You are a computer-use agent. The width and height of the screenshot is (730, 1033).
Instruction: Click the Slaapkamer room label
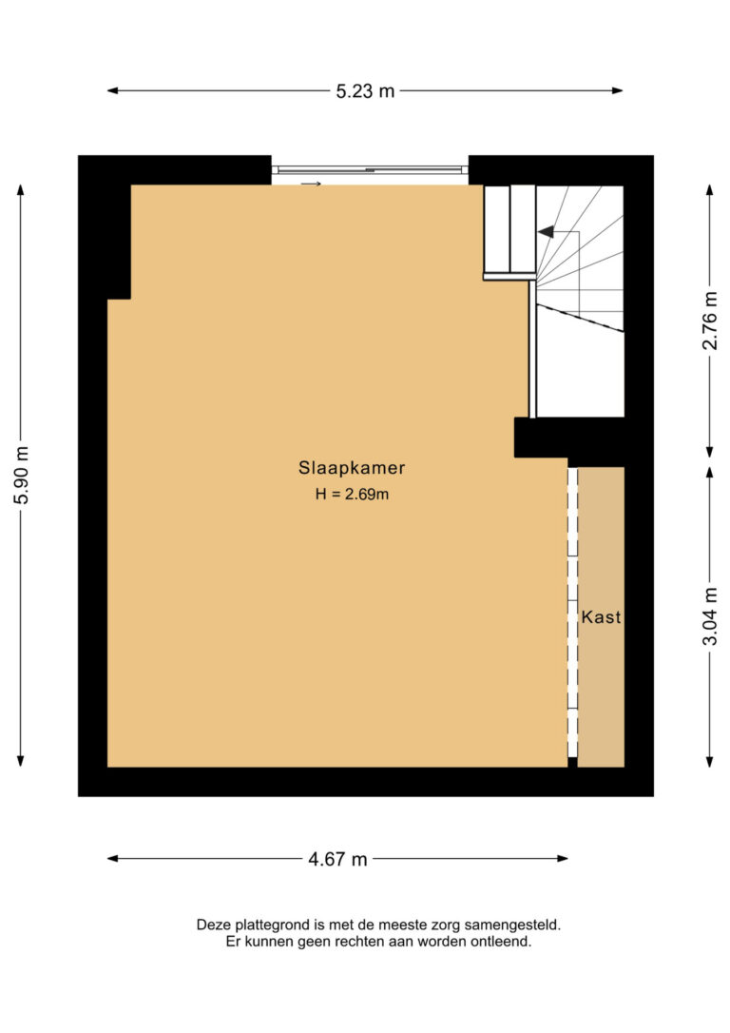pos(352,468)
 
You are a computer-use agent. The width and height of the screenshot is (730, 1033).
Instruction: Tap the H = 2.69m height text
pos(352,494)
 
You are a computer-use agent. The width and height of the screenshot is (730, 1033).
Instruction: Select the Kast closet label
pos(601,617)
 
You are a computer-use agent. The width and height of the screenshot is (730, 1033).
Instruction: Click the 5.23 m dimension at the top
pos(365,91)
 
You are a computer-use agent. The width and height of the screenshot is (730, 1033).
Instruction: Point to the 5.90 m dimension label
pos(23,475)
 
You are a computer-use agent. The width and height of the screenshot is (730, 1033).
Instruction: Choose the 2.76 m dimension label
pos(710,321)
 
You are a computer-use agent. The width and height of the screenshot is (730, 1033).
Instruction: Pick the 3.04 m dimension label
pos(710,616)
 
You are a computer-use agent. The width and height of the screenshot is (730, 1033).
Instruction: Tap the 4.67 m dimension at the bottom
pos(337,859)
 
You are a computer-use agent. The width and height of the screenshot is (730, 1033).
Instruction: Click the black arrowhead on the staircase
pos(546,231)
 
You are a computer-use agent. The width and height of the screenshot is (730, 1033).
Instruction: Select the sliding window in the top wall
pos(370,170)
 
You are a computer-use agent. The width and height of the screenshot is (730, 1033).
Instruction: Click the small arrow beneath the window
pos(312,184)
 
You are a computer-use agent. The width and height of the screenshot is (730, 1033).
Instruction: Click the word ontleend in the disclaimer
pos(501,942)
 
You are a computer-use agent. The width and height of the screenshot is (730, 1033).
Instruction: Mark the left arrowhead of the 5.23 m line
pos(112,91)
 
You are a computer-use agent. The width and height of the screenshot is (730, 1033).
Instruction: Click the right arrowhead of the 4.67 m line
pos(563,858)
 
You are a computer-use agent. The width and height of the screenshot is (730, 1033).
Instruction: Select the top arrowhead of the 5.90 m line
pos(20,189)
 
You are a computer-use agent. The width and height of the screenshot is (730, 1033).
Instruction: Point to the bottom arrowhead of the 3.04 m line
pos(710,762)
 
